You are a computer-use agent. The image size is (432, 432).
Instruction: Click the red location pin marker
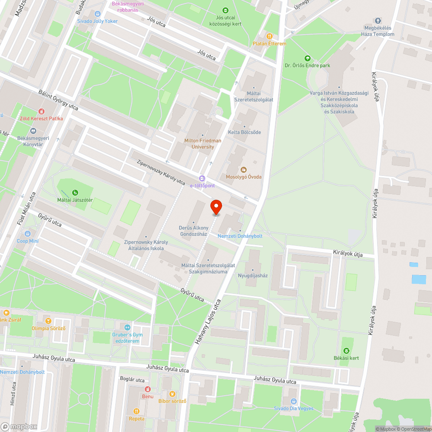coord(216,207)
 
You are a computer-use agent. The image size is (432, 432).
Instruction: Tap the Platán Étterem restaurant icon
coord(270,37)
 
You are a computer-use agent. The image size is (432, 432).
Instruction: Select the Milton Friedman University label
coord(203,143)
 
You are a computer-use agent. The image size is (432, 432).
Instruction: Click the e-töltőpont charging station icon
coord(202,178)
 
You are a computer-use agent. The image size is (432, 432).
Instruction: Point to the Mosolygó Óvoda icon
coord(243,170)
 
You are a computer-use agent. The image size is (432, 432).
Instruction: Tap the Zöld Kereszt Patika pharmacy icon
coord(41,111)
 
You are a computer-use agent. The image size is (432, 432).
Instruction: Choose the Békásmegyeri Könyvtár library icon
coord(33,131)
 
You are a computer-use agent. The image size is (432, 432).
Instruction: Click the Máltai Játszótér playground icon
coord(75,193)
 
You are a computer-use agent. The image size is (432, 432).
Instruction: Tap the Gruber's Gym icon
coord(127,327)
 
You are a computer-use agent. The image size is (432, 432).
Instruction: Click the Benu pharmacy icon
coord(148,389)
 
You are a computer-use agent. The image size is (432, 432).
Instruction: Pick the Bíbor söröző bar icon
coord(172,394)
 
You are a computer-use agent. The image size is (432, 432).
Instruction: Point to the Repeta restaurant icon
coord(137,411)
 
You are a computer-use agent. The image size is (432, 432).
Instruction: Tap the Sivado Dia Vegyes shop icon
coord(294,401)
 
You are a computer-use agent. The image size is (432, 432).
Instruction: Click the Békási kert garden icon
coord(346,351)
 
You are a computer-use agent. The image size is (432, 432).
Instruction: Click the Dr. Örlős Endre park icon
coord(307,58)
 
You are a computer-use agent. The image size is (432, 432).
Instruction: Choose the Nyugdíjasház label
coord(253,275)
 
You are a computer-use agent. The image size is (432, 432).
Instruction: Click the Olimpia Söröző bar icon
coord(48,321)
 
